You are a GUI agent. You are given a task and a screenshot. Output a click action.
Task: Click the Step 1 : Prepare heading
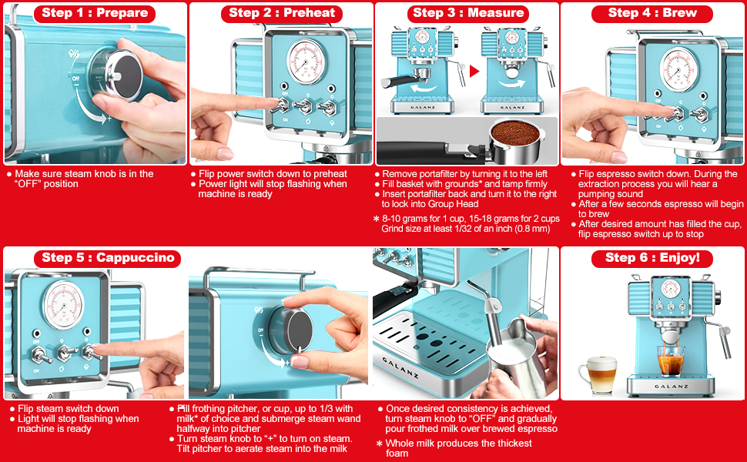(x=94, y=13)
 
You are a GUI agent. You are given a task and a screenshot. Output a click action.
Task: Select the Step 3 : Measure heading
(x=467, y=13)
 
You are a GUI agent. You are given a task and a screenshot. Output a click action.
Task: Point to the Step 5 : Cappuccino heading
(x=107, y=258)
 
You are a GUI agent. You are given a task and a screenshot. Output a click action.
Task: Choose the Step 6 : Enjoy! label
(x=652, y=258)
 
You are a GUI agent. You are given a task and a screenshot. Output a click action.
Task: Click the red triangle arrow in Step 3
(x=474, y=72)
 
